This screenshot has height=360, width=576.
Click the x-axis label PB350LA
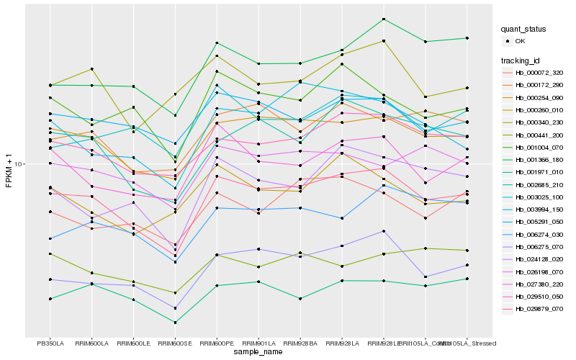click(x=50, y=343)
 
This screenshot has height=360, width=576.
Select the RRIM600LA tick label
click(x=92, y=343)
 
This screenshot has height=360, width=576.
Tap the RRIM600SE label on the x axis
click(x=176, y=343)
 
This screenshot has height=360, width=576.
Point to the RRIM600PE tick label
click(x=217, y=343)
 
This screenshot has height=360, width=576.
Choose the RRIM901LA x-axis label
click(x=258, y=343)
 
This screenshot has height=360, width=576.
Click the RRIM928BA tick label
click(x=300, y=343)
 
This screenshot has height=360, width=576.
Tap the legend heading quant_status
click(x=524, y=30)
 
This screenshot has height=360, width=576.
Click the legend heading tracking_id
click(x=522, y=60)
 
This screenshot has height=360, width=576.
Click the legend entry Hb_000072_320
click(x=539, y=73)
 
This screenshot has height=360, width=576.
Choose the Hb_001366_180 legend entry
click(x=539, y=160)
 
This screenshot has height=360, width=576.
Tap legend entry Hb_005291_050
click(x=539, y=222)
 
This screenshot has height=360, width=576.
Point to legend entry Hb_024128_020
click(x=539, y=259)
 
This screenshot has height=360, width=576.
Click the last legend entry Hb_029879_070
click(x=539, y=309)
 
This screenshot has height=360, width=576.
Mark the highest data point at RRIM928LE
click(x=384, y=19)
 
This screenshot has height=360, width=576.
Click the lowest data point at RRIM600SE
click(x=176, y=323)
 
